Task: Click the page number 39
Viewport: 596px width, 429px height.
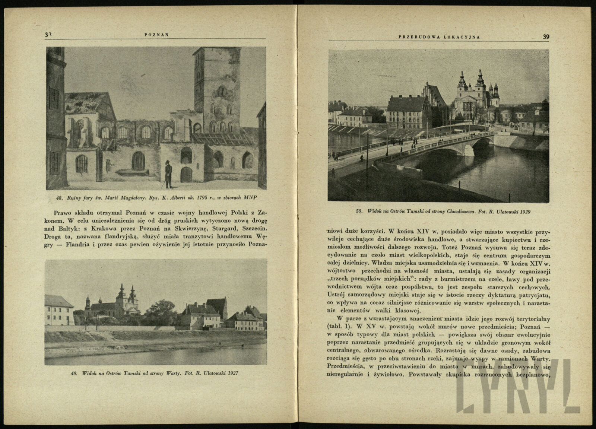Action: point(546,36)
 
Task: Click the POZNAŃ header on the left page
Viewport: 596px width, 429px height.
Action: point(157,35)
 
